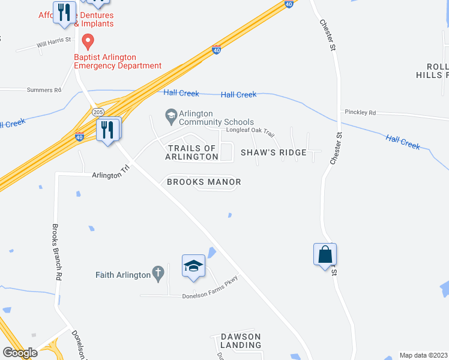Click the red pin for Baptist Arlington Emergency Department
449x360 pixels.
tap(88, 42)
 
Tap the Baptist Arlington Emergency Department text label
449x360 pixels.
tap(118, 62)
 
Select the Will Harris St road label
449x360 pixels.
tap(53, 42)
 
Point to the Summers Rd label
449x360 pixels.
tap(44, 90)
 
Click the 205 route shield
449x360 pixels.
tap(98, 112)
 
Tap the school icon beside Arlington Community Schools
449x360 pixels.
tap(171, 114)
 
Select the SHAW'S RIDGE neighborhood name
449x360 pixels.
tap(274, 152)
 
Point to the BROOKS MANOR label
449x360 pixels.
tap(204, 182)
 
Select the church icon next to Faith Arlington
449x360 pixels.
tap(158, 275)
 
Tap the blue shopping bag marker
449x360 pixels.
tap(325, 254)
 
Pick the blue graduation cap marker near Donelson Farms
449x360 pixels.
tap(194, 266)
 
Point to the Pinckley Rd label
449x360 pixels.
tap(360, 112)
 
